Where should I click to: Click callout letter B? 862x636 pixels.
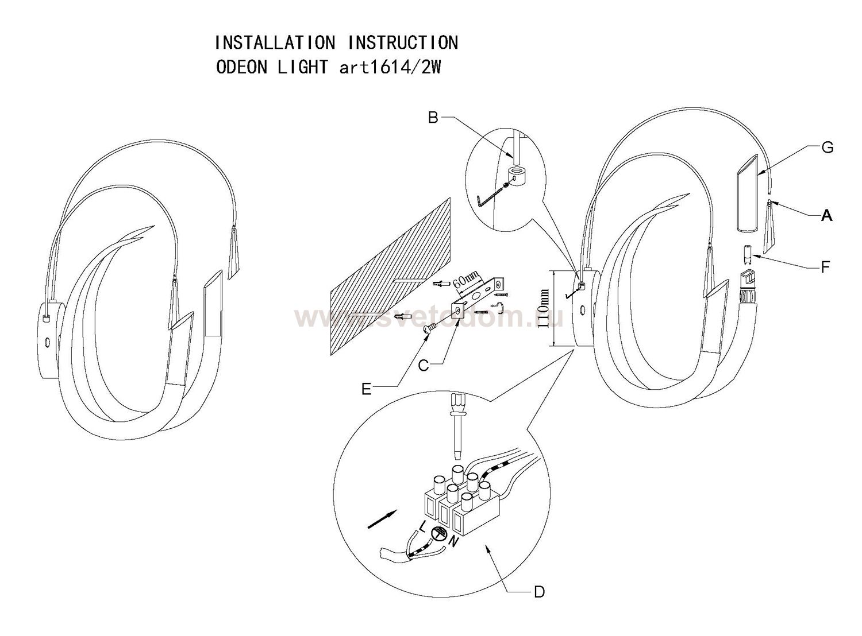pos(433,118)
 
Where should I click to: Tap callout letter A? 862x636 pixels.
pos(827,216)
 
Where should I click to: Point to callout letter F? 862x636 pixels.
pos(826,266)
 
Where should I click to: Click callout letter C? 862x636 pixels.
pos(424,365)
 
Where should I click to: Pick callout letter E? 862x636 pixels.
pos(367,389)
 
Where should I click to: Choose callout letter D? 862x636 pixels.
pos(538,591)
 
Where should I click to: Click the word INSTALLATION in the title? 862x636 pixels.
pos(275,42)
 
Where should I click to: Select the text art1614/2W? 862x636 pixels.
pos(390,67)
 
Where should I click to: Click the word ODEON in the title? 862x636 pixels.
pos(241,67)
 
